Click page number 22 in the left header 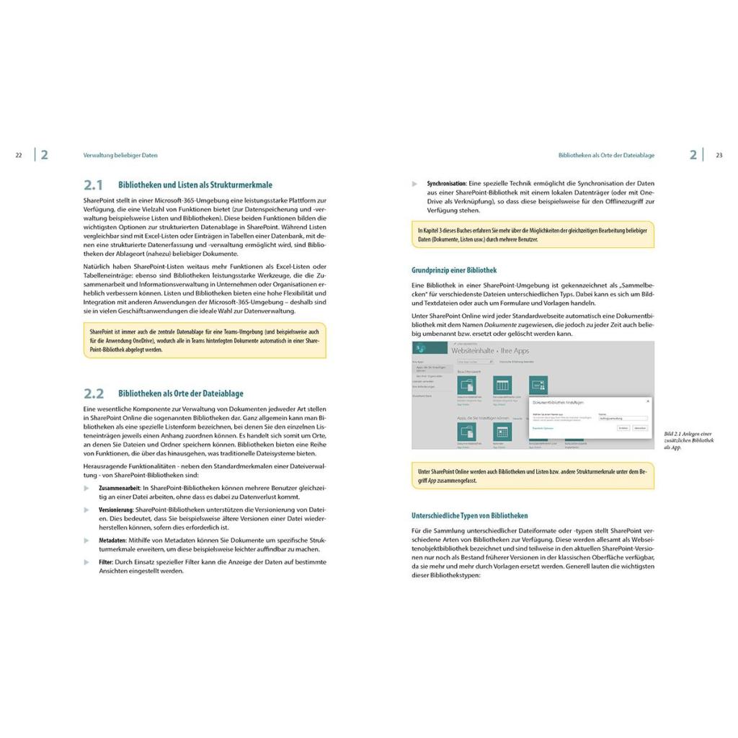(19, 155)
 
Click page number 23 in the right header (719, 155)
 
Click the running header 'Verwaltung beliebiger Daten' (120, 155)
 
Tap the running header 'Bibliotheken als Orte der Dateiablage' (606, 155)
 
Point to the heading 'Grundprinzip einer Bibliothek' (453, 271)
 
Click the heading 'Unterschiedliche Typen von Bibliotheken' (469, 516)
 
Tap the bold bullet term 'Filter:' (106, 561)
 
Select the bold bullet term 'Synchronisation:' (447, 184)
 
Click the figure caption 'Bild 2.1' (673, 434)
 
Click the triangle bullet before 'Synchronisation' (414, 184)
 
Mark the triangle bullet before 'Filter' (86, 561)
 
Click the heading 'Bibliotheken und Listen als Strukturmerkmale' (195, 185)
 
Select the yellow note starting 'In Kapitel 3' (533, 235)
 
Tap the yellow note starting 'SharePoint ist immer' (204, 340)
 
